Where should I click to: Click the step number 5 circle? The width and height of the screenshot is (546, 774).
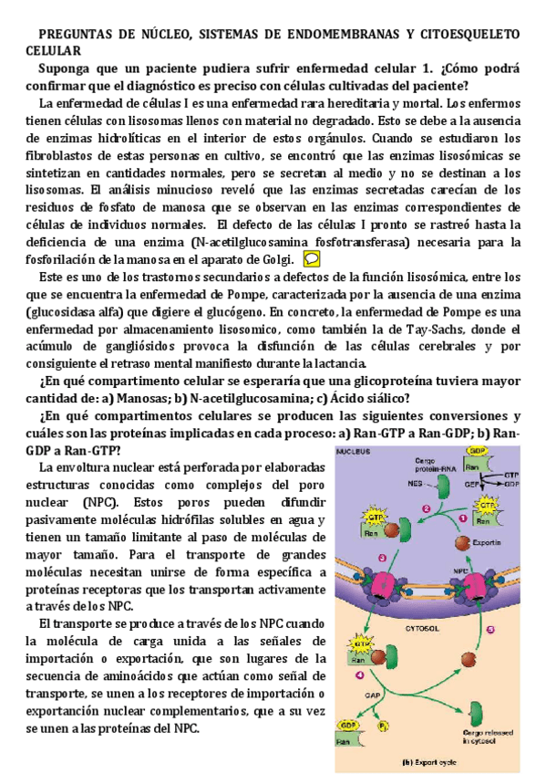pos(489,629)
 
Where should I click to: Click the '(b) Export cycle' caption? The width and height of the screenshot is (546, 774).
pos(428,760)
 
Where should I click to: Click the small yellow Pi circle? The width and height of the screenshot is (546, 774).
pos(384,726)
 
